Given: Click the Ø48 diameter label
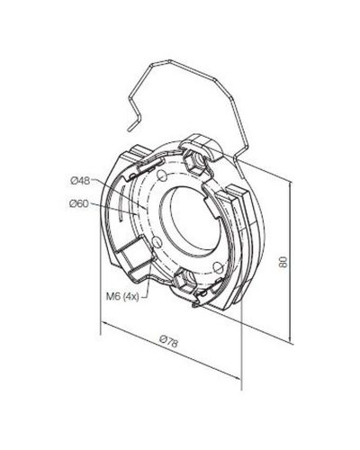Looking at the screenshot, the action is (x=80, y=181).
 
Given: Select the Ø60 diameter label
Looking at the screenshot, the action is (x=79, y=204).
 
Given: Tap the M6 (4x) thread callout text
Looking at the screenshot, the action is (x=122, y=297).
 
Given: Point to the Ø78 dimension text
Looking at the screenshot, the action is (x=168, y=342).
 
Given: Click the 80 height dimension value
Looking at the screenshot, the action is (x=283, y=262).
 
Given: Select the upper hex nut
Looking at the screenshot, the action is (x=193, y=162).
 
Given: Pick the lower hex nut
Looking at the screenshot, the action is (x=184, y=280).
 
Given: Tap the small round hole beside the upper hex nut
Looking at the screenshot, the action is (x=162, y=175).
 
